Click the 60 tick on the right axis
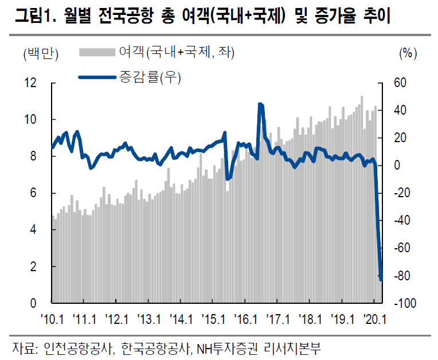pos(400,83)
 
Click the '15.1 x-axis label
pos(213,318)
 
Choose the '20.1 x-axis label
pos(374,318)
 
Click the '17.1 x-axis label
pos(277,318)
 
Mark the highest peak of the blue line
pos(260,104)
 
